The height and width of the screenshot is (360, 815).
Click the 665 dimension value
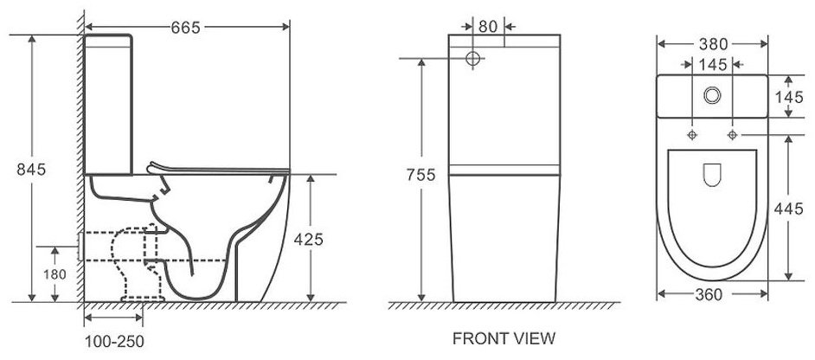pyautogui.click(x=185, y=28)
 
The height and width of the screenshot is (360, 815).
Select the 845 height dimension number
pyautogui.click(x=31, y=169)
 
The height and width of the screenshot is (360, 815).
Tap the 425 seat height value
pyautogui.click(x=309, y=240)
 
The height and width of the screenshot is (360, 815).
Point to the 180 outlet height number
pyautogui.click(x=55, y=274)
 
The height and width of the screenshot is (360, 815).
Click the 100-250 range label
pyautogui.click(x=114, y=341)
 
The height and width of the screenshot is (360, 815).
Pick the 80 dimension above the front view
pyautogui.click(x=488, y=27)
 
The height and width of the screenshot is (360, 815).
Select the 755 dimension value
pyautogui.click(x=421, y=175)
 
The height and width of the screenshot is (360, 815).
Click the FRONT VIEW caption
pyautogui.click(x=504, y=338)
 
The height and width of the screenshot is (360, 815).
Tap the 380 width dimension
pyautogui.click(x=713, y=44)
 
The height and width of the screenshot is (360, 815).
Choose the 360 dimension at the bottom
pyautogui.click(x=709, y=294)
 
